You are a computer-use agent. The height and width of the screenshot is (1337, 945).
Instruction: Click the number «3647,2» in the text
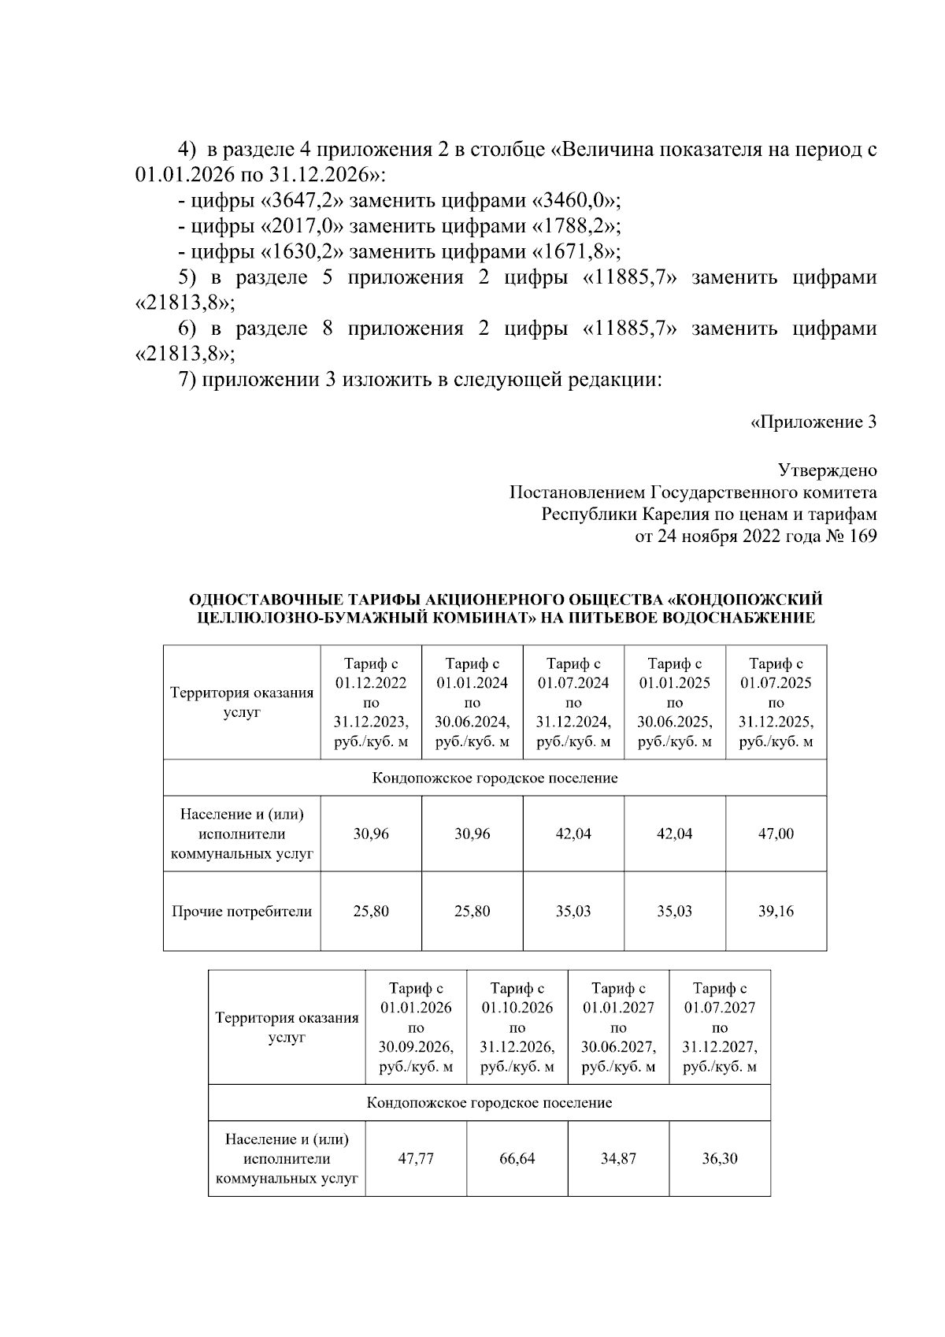point(304,200)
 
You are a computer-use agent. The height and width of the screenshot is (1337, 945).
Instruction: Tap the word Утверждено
point(827,471)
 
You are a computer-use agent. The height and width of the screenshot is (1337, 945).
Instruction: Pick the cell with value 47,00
point(776,834)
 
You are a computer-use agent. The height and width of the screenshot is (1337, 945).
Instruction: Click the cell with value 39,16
point(776,912)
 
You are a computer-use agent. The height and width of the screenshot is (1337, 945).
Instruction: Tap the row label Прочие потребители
point(242,912)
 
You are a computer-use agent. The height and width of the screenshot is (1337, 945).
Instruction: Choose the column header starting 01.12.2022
point(371,703)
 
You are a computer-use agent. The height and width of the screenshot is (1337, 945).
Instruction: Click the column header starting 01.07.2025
point(776,703)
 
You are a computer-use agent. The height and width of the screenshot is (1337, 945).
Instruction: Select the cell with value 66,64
point(517,1159)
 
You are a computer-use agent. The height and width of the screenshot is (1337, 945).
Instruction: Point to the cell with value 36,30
point(720,1159)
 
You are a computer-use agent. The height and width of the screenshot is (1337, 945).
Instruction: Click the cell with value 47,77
point(416,1159)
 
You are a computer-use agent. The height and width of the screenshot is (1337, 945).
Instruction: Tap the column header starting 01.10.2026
point(517,1027)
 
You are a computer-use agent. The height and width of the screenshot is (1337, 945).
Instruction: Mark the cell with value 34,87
point(618,1159)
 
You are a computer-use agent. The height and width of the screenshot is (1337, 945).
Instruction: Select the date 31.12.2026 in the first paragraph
point(314,174)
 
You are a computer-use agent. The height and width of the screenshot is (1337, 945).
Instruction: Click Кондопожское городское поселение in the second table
point(489,1102)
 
